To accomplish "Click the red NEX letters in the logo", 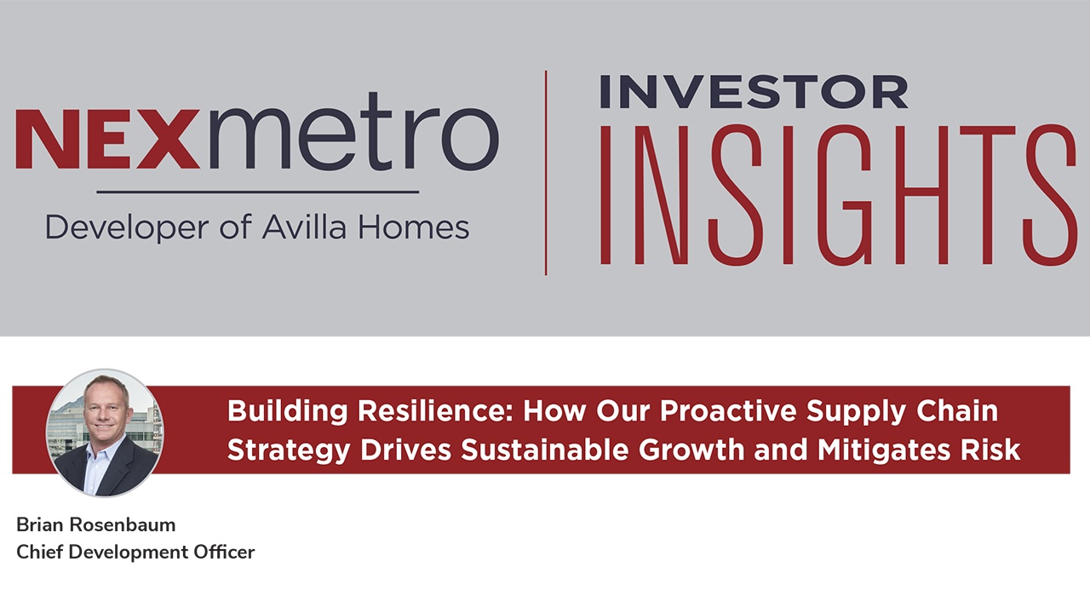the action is (x=107, y=139).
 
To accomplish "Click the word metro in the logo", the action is (x=349, y=131).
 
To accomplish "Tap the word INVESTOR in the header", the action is (x=754, y=91).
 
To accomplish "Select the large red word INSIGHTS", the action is (x=838, y=195).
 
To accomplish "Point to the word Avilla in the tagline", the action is (x=304, y=227).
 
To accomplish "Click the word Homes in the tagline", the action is (x=414, y=227).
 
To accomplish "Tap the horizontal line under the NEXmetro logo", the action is (x=258, y=192).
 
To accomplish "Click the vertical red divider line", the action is (x=546, y=173).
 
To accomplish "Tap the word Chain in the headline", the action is (x=957, y=411).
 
